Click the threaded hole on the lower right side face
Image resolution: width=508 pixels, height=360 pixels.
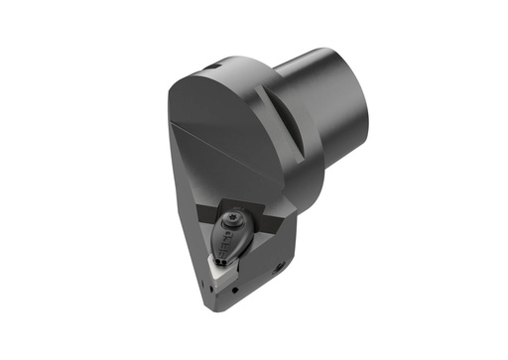[x=282, y=265]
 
